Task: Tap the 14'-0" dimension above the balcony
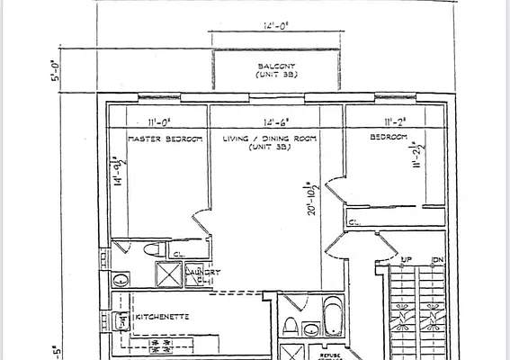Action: point(275,27)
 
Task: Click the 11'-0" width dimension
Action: point(160,123)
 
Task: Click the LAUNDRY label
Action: point(202,272)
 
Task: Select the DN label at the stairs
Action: point(438,259)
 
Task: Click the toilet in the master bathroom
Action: point(152,249)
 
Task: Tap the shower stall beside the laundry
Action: point(168,274)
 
